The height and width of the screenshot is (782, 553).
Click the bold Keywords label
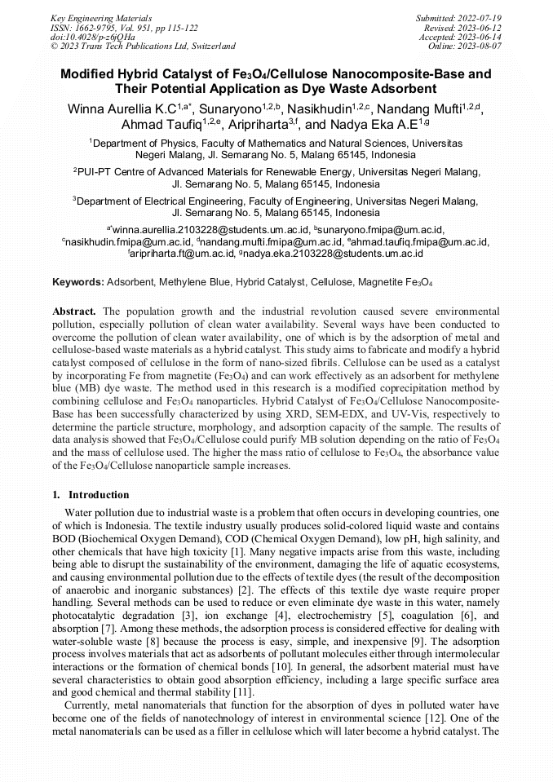tap(78, 282)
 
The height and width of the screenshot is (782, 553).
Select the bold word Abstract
tap(74, 311)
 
